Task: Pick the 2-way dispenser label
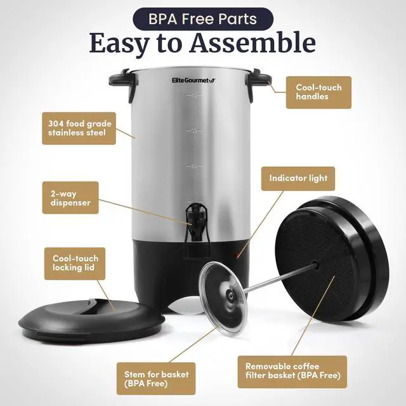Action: click(70, 197)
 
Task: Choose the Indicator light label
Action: click(298, 179)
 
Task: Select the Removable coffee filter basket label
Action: click(292, 372)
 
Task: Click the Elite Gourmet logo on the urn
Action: click(193, 81)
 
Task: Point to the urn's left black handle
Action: click(121, 81)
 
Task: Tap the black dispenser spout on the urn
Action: click(192, 221)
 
